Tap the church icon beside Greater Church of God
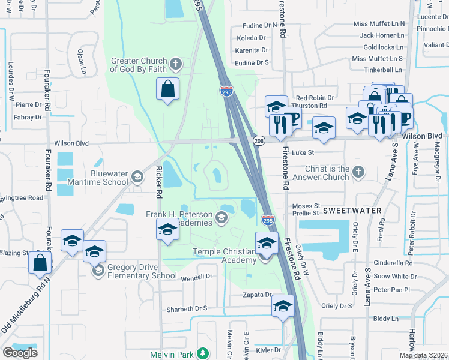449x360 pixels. click(176, 64)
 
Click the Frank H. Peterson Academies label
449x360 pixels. click(179, 218)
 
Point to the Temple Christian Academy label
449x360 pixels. click(224, 256)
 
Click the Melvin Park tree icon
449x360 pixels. click(203, 354)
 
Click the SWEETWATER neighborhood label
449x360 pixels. click(353, 211)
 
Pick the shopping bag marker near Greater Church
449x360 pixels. click(169, 89)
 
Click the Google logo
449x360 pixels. click(20, 352)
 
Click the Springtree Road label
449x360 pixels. click(22, 197)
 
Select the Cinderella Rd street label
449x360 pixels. click(393, 263)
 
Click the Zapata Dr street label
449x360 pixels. click(258, 295)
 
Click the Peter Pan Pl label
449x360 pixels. click(391, 290)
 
